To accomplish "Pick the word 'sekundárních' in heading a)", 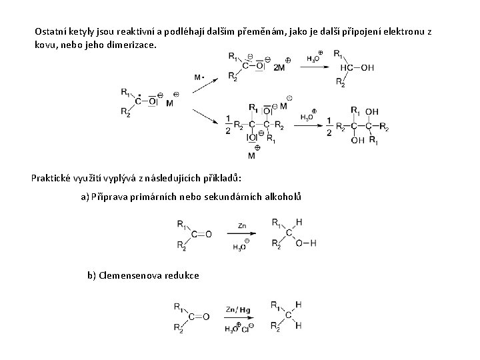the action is [236, 197].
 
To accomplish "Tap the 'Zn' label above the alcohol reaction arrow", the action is [241, 227].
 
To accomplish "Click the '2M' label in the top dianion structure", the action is [279, 67].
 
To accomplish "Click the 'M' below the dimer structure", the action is [251, 156].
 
